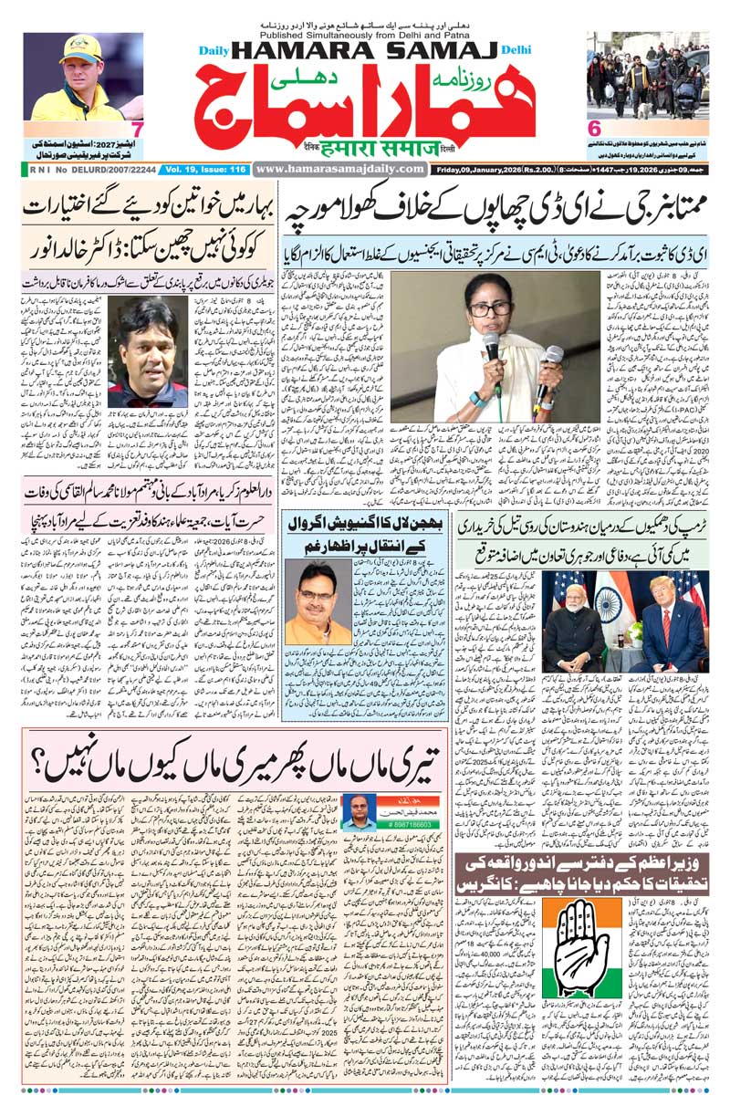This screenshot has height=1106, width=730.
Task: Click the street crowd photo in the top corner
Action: pos(647,73)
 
